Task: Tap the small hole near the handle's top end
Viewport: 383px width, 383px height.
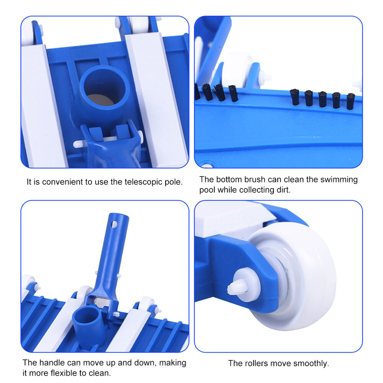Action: tap(114, 224)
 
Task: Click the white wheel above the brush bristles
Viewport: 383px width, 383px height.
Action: tap(238, 70)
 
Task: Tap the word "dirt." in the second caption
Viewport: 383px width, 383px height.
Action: tap(283, 190)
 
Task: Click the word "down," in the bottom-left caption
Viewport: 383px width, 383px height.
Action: tap(145, 363)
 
